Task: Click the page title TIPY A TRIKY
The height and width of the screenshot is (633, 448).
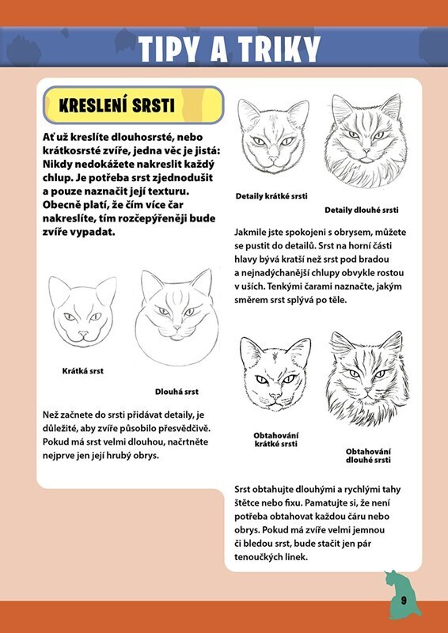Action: point(229,49)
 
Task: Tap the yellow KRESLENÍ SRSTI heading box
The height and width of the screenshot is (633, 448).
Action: point(133,105)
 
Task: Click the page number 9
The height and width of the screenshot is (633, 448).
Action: point(404,601)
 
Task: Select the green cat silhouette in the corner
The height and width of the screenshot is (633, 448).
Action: point(402,594)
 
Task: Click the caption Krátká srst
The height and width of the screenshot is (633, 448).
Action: point(83,370)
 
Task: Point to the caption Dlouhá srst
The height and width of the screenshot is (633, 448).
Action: point(177,392)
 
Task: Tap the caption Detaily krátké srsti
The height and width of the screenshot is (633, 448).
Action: point(271,196)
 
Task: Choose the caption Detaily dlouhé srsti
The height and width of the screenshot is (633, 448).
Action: point(362,210)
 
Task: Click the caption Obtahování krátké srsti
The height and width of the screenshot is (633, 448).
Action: point(276,440)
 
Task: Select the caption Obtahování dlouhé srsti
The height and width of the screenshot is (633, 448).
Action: point(368,456)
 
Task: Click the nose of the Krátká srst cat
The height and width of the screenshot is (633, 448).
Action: point(83,333)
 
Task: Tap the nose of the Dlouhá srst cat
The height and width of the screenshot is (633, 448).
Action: point(177,328)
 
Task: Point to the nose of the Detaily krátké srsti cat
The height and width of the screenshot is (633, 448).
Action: point(274,159)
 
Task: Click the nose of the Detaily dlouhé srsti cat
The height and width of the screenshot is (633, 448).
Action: point(366,151)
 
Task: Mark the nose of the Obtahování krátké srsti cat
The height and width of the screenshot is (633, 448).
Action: point(276,396)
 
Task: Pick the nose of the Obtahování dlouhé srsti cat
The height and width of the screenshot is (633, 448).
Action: point(367,390)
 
